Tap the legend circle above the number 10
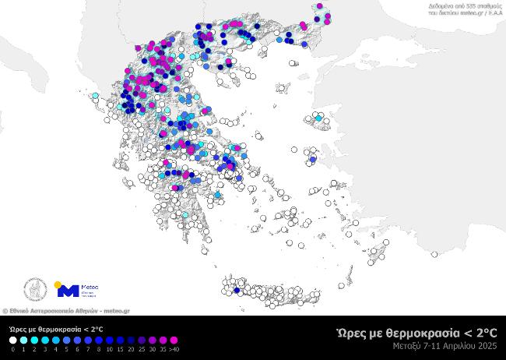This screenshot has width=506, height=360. pyautogui.click(x=104, y=341)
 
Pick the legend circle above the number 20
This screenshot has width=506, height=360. pyautogui.click(x=127, y=341)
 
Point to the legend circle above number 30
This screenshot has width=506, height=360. pyautogui.click(x=150, y=341)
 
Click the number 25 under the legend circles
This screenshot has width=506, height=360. pyautogui.click(x=139, y=349)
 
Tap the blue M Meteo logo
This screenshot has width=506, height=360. pyautogui.click(x=69, y=291)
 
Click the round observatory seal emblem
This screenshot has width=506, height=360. pyautogui.click(x=35, y=291)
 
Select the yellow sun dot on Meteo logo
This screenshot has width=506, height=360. pyautogui.click(x=58, y=284)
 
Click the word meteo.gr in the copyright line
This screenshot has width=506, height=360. pyautogui.click(x=117, y=310)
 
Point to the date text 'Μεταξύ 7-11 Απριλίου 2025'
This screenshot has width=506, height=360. pyautogui.click(x=445, y=345)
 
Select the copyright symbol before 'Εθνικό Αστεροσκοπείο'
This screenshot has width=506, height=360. pyautogui.click(x=4, y=310)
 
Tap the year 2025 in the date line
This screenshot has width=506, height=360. pyautogui.click(x=488, y=345)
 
